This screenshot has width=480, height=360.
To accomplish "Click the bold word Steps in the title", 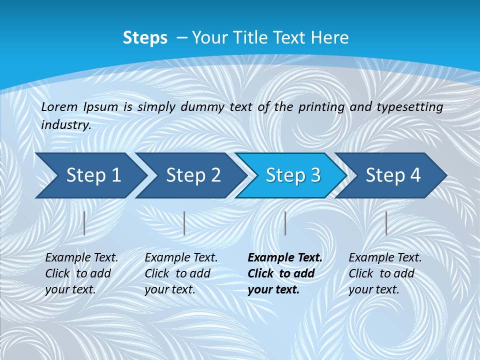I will (x=145, y=38).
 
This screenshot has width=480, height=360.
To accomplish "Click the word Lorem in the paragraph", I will (x=59, y=106).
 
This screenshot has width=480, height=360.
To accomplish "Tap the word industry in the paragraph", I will (x=66, y=125).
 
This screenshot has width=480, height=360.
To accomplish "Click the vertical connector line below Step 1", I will (x=84, y=223).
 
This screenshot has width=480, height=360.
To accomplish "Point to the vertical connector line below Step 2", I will (x=184, y=223).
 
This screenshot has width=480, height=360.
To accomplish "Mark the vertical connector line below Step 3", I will (x=285, y=223).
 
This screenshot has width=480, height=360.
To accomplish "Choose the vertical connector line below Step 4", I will (x=386, y=223).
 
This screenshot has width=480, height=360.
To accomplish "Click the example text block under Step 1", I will (x=81, y=273).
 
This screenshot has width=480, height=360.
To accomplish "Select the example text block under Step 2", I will (x=181, y=273).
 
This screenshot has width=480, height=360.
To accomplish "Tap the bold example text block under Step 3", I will (x=285, y=273).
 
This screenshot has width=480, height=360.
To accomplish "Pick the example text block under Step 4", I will (x=385, y=273).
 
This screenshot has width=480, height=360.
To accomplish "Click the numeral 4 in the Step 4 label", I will (x=415, y=175).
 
